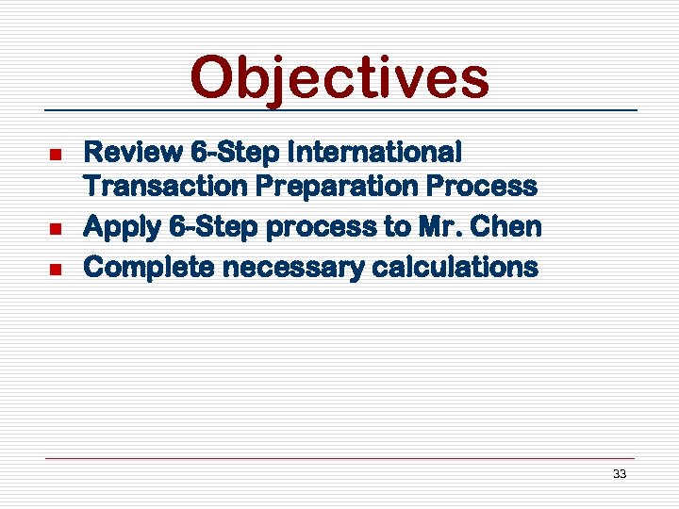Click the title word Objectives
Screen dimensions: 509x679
(x=339, y=78)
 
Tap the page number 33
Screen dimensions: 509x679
(x=619, y=474)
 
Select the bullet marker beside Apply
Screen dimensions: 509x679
(x=55, y=229)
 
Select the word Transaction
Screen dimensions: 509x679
(x=166, y=187)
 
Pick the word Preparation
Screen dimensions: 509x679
(x=338, y=187)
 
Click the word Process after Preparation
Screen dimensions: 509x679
(x=483, y=187)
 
